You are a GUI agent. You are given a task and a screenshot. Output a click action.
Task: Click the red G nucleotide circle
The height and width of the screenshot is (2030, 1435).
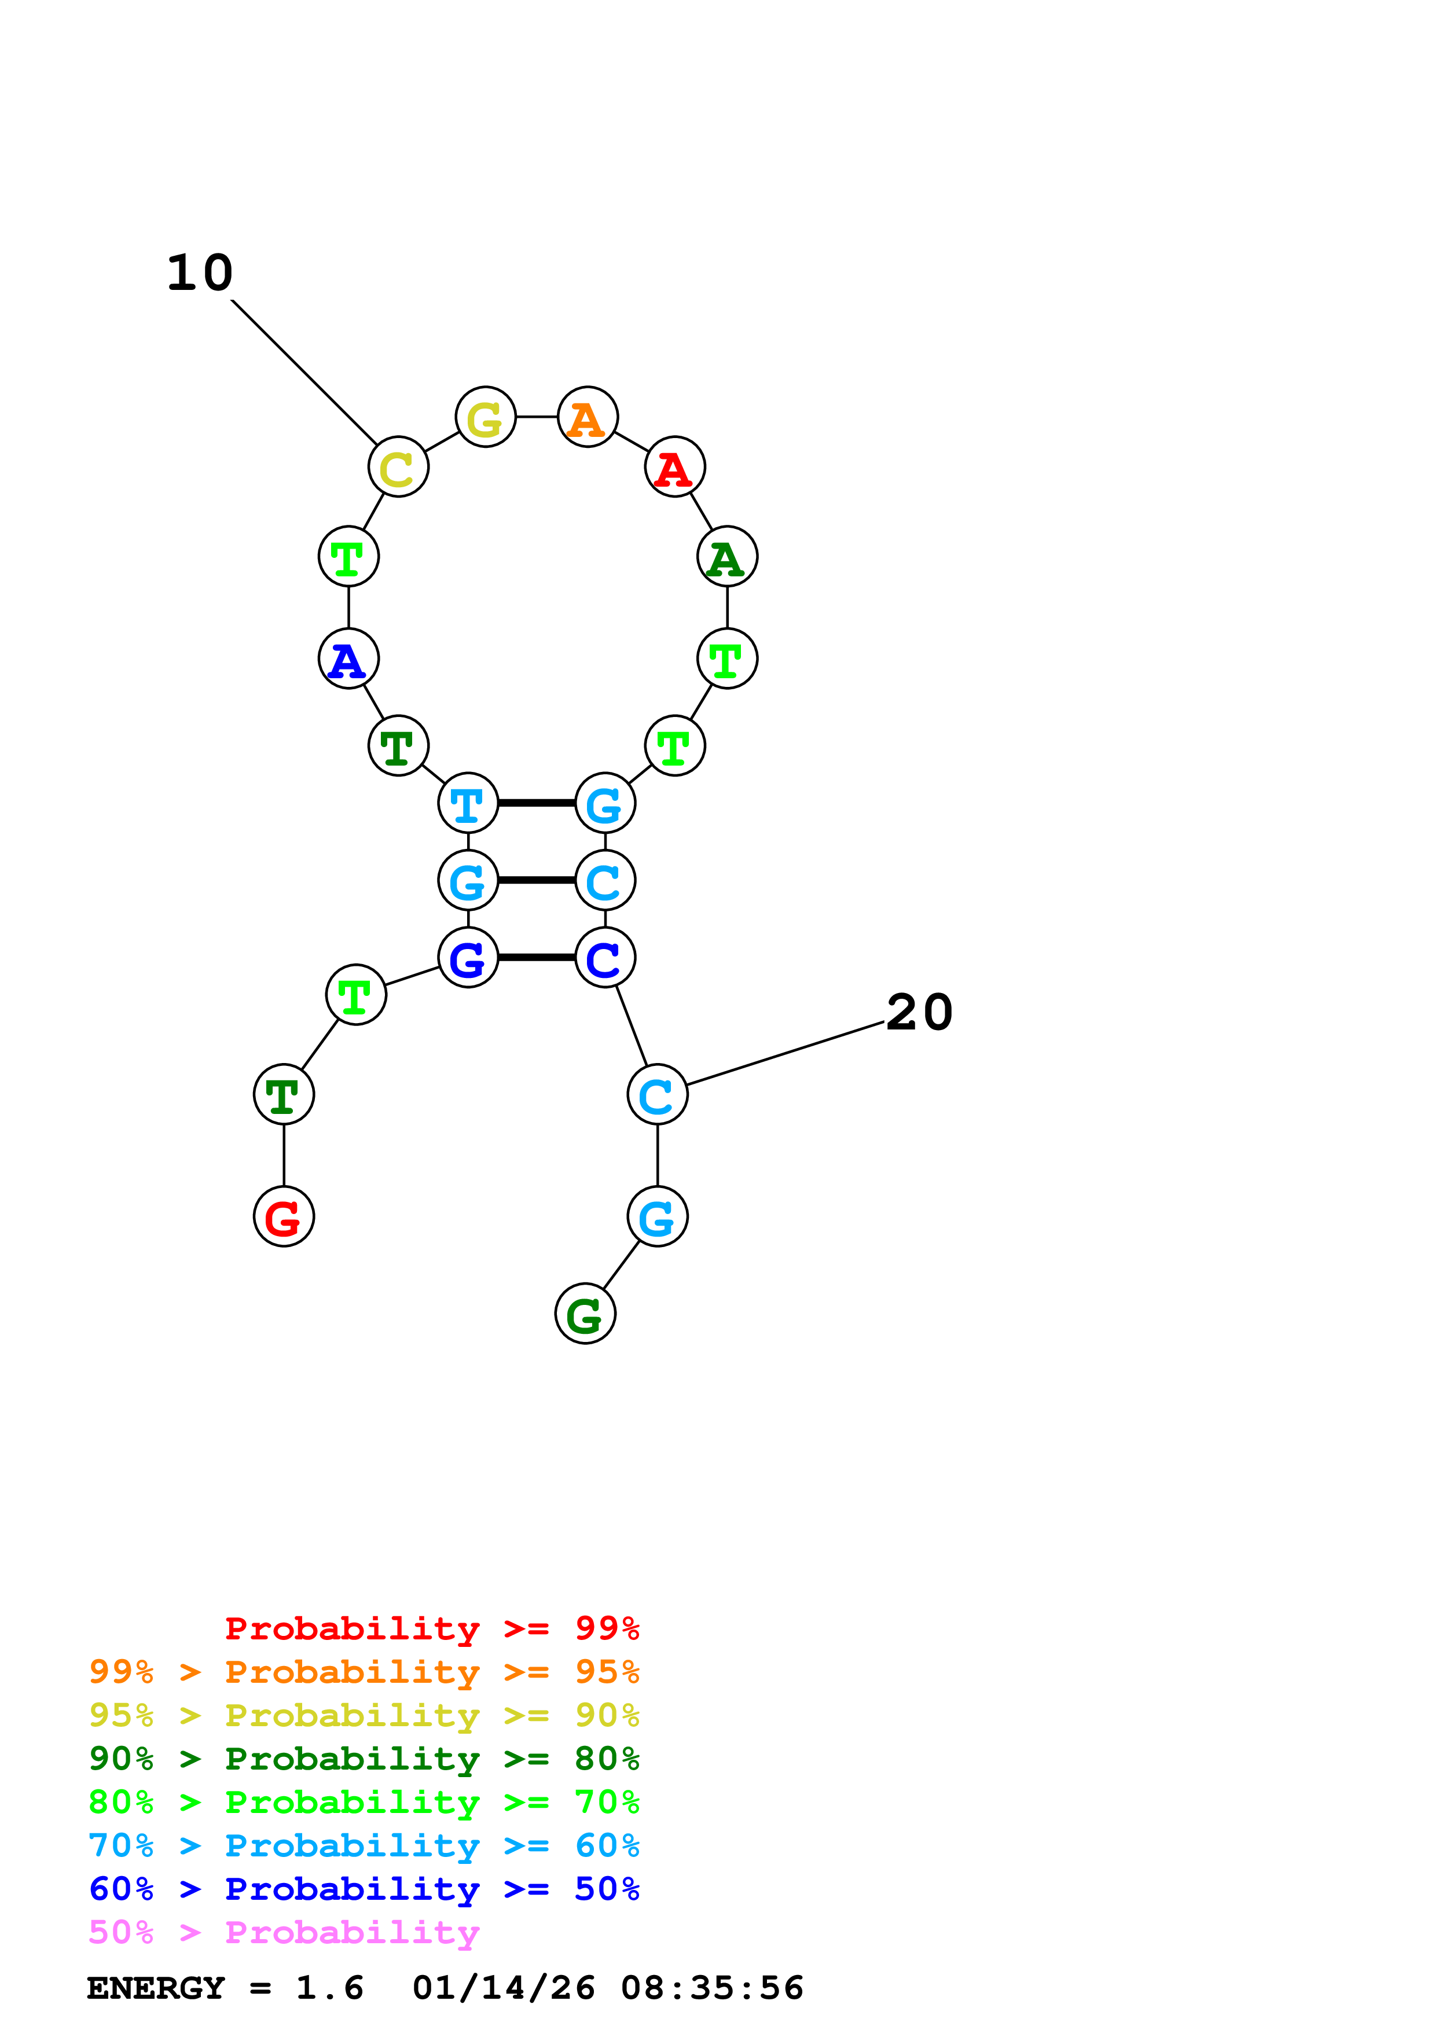(x=284, y=1216)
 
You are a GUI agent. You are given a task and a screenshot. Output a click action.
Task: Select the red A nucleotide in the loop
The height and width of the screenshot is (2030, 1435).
(x=674, y=467)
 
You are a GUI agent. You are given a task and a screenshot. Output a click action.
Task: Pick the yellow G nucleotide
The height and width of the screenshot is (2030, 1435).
(x=486, y=417)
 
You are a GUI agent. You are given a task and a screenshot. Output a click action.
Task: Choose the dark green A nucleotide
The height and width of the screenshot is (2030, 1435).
(x=727, y=557)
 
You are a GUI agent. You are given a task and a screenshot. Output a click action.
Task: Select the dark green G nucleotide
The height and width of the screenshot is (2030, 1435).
(x=585, y=1314)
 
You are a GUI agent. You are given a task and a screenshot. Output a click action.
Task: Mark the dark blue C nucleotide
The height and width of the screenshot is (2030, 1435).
(x=605, y=958)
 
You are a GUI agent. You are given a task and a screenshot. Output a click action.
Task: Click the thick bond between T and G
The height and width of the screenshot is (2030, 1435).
(x=537, y=803)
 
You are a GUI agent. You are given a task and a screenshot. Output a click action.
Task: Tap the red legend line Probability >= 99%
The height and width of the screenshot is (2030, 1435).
(x=431, y=1628)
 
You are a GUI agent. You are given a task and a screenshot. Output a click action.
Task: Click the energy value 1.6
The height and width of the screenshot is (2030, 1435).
(x=329, y=1988)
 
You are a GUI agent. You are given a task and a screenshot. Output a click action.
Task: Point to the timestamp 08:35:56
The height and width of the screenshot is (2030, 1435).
(x=712, y=1988)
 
